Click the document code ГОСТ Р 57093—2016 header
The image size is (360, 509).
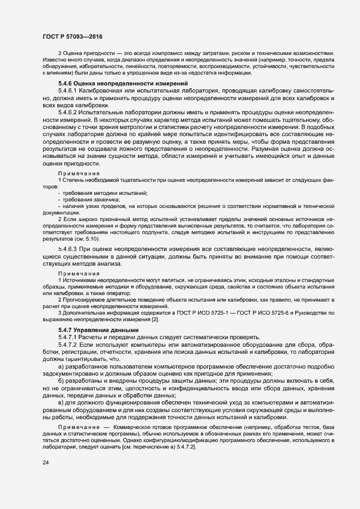[72, 36]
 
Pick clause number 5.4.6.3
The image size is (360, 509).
[68, 248]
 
